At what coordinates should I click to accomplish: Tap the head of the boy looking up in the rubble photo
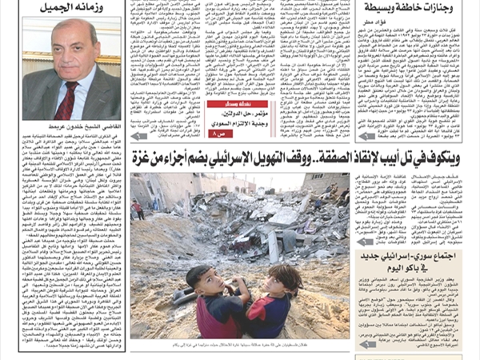click(x=198, y=278)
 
